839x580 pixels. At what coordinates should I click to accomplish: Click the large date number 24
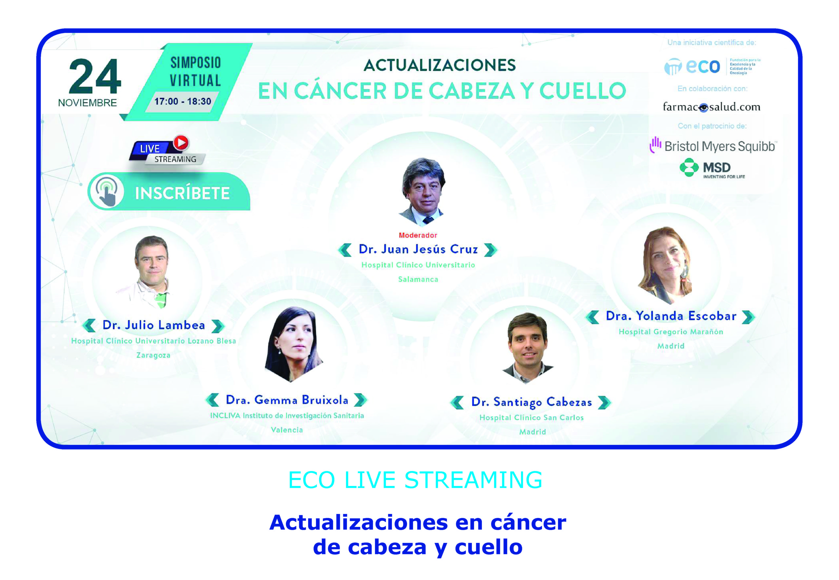pyautogui.click(x=95, y=76)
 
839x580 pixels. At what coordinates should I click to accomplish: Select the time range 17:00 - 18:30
pyautogui.click(x=183, y=101)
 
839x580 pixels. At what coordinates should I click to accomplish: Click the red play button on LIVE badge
pyautogui.click(x=181, y=143)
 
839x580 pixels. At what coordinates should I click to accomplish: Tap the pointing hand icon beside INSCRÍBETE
pyautogui.click(x=107, y=191)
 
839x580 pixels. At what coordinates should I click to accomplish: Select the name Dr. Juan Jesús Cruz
pyautogui.click(x=418, y=249)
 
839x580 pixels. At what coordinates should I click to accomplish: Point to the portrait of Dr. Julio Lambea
pyautogui.click(x=151, y=272)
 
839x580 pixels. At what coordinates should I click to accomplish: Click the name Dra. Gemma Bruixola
pyautogui.click(x=287, y=400)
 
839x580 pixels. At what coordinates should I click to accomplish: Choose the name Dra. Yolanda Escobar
pyautogui.click(x=671, y=316)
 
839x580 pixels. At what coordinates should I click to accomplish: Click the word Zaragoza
pyautogui.click(x=153, y=355)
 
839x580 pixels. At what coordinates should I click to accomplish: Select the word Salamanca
pyautogui.click(x=418, y=279)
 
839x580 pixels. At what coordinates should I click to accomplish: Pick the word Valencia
pyautogui.click(x=287, y=429)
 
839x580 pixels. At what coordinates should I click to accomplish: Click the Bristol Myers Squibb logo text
pyautogui.click(x=719, y=146)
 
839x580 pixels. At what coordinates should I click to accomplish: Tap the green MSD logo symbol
pyautogui.click(x=689, y=168)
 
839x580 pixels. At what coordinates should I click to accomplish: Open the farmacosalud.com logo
pyautogui.click(x=711, y=107)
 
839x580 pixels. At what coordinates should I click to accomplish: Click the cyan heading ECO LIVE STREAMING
pyautogui.click(x=415, y=480)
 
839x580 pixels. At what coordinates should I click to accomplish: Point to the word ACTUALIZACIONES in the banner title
pyautogui.click(x=439, y=65)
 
